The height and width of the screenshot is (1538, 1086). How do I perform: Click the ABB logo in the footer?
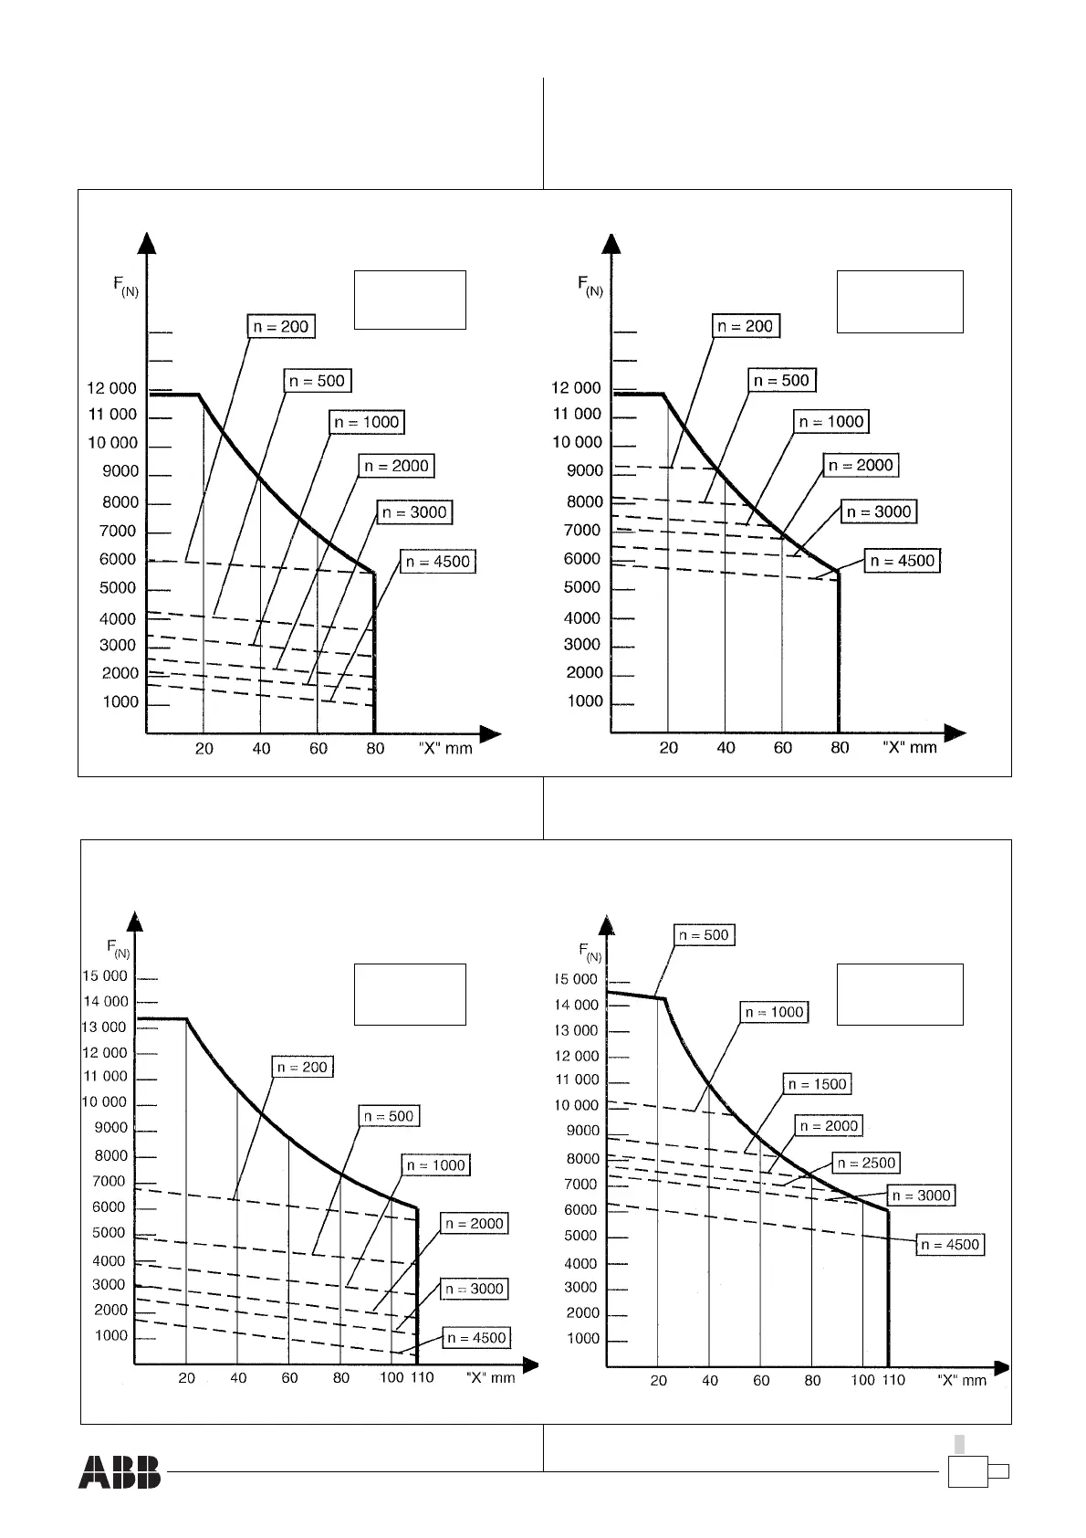(119, 1471)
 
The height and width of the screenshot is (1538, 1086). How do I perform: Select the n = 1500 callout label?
(817, 1084)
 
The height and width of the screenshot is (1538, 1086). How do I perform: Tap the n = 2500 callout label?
(866, 1163)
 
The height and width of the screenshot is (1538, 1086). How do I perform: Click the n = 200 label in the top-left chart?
(281, 327)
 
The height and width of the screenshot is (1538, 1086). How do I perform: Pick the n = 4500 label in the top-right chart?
(903, 561)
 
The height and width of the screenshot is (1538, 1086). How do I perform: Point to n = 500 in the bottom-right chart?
(704, 935)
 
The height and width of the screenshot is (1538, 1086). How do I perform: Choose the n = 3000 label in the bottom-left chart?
(475, 1289)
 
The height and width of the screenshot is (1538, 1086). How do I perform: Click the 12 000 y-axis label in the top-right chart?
(576, 388)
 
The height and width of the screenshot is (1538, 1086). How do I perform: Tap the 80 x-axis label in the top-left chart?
(375, 749)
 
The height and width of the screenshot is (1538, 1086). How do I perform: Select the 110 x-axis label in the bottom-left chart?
(422, 1377)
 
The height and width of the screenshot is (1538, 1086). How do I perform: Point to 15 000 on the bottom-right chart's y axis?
(576, 979)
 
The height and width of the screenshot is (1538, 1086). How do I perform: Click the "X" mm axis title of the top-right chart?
(910, 747)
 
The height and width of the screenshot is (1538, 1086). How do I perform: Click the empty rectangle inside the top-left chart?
(410, 300)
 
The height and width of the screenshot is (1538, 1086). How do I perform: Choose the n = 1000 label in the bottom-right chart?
(775, 1012)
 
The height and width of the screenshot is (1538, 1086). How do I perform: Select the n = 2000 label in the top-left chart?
(396, 466)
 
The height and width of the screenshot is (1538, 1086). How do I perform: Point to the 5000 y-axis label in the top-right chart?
(582, 587)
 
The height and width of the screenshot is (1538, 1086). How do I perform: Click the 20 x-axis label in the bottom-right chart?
(658, 1381)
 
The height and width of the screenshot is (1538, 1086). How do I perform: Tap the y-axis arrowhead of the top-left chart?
(146, 243)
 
